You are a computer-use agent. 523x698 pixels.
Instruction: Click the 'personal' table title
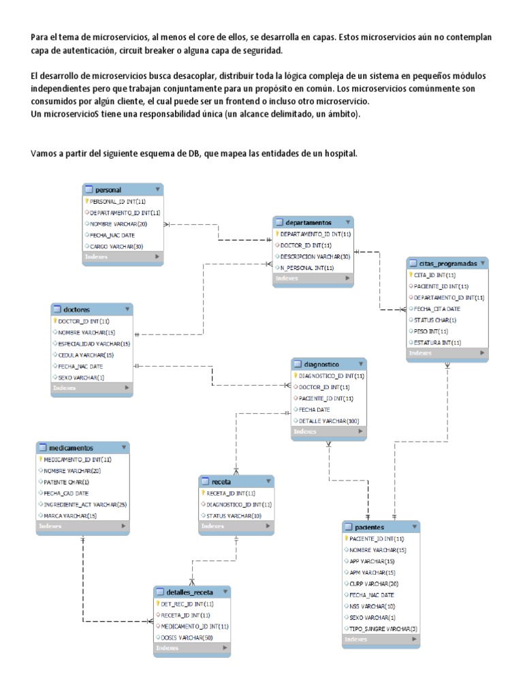click(x=109, y=189)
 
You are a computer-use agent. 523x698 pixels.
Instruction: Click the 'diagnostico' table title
click(x=322, y=364)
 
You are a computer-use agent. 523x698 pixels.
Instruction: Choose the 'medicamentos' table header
click(x=71, y=448)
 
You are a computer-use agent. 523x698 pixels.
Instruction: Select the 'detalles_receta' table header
click(x=180, y=592)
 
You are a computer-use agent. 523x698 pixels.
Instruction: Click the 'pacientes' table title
click(x=370, y=527)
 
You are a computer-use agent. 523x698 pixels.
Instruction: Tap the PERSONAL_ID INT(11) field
click(x=118, y=201)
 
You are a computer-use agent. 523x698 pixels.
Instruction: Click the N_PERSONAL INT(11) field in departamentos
click(x=307, y=267)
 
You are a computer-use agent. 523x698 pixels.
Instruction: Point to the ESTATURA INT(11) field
click(x=437, y=342)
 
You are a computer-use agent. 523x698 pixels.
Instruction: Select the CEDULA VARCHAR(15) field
click(x=86, y=354)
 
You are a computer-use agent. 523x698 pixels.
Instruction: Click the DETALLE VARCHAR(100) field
click(x=329, y=420)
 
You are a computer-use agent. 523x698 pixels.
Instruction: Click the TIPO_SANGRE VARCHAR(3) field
click(x=383, y=628)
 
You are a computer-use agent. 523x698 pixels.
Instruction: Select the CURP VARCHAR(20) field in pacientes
click(x=374, y=583)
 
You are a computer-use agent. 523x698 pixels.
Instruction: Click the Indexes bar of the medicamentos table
click(x=82, y=526)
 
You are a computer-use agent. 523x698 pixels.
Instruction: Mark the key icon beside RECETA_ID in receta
click(x=204, y=493)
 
